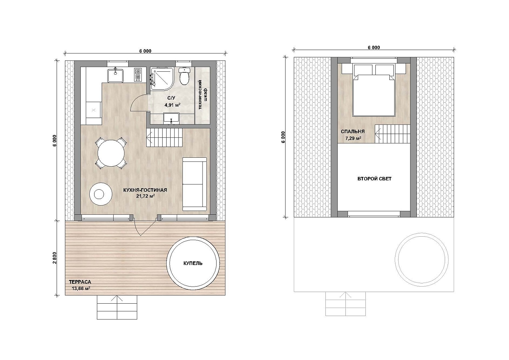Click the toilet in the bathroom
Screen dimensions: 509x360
point(184,76)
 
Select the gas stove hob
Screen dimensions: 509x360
point(138,75)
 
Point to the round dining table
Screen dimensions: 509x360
point(111,153)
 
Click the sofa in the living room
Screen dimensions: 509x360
point(195,184)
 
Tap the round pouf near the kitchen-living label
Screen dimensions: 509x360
point(101,194)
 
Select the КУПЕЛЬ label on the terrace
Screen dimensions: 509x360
point(193,263)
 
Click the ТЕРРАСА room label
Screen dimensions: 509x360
point(80,282)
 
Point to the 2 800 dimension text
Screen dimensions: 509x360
point(55,258)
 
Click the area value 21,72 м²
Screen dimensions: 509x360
point(146,196)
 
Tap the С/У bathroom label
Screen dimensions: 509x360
point(171,98)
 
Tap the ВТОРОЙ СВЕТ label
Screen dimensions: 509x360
point(374,179)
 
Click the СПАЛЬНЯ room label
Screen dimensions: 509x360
point(353,131)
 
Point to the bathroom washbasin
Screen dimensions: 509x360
point(171,118)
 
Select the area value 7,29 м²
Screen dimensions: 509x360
point(353,138)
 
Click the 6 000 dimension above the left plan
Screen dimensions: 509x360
point(146,51)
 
